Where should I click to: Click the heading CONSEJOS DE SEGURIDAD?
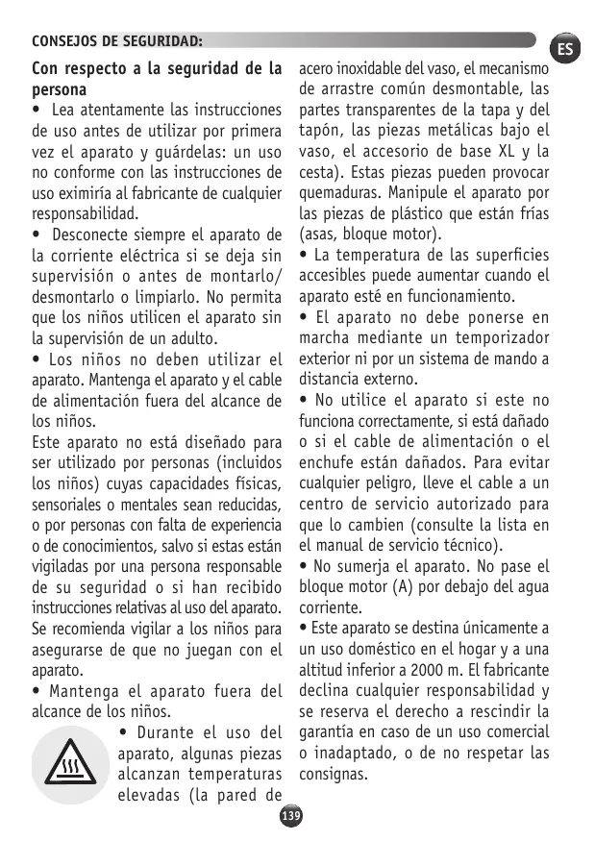click(117, 41)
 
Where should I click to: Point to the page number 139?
click(290, 815)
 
